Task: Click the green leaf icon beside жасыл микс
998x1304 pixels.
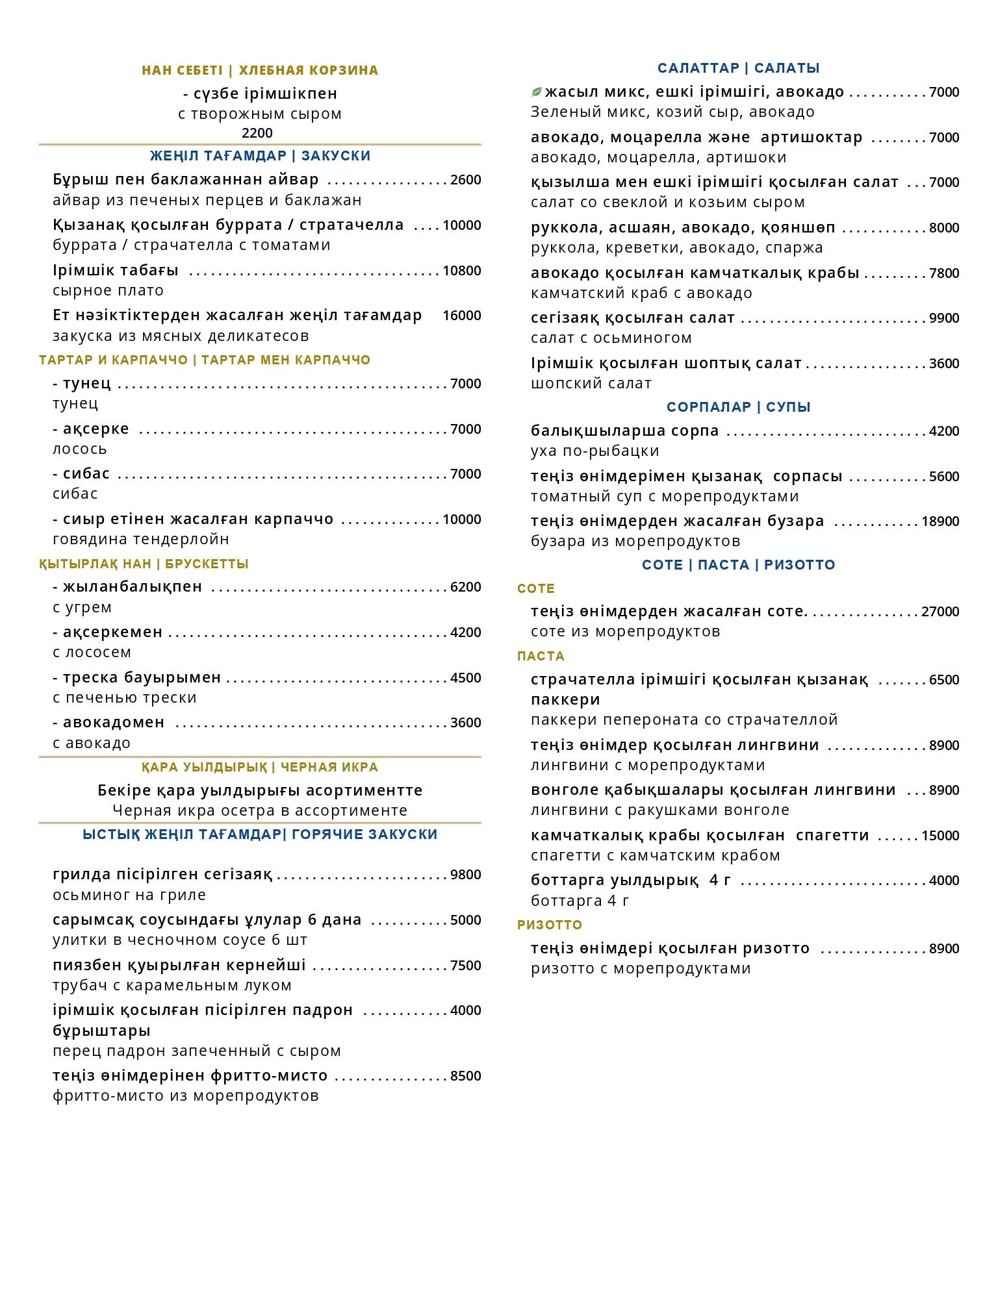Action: click(537, 92)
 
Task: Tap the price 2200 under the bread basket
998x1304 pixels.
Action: click(257, 133)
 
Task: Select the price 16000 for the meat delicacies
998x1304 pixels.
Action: click(461, 316)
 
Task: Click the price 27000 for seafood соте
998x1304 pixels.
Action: click(940, 612)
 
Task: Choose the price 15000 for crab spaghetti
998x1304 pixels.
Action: click(940, 836)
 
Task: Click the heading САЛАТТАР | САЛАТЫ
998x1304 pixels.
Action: click(738, 68)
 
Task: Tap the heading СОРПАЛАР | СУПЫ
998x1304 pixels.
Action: click(738, 407)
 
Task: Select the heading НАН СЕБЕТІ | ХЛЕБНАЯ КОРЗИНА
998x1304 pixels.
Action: click(260, 70)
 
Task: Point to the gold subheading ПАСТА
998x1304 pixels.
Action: click(541, 656)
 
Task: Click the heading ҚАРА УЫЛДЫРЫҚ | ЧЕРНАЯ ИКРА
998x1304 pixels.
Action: click(260, 767)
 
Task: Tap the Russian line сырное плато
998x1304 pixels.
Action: click(108, 290)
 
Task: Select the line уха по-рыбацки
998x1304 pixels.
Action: click(595, 451)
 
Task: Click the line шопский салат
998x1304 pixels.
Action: click(591, 383)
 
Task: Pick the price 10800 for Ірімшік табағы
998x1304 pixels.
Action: click(461, 271)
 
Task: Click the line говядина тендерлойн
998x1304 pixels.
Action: click(140, 539)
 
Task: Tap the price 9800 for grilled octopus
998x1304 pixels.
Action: click(465, 875)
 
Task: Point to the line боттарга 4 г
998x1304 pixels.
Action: click(580, 901)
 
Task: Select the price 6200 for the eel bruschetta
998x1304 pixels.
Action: click(465, 587)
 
